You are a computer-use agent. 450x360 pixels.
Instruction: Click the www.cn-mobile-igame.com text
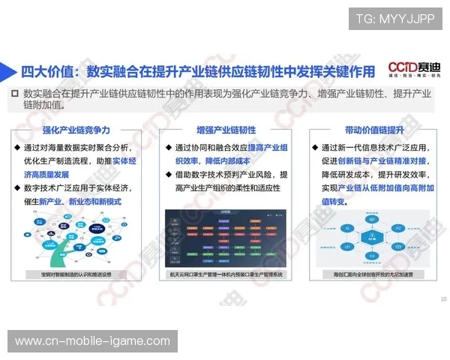pos(92,341)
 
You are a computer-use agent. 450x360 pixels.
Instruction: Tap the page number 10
pos(443,299)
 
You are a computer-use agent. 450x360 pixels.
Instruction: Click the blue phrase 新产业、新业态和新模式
pos(80,202)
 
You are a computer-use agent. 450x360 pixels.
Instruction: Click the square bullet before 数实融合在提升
pos(14,94)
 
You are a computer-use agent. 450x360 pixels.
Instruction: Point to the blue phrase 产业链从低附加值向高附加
pos(382,188)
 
